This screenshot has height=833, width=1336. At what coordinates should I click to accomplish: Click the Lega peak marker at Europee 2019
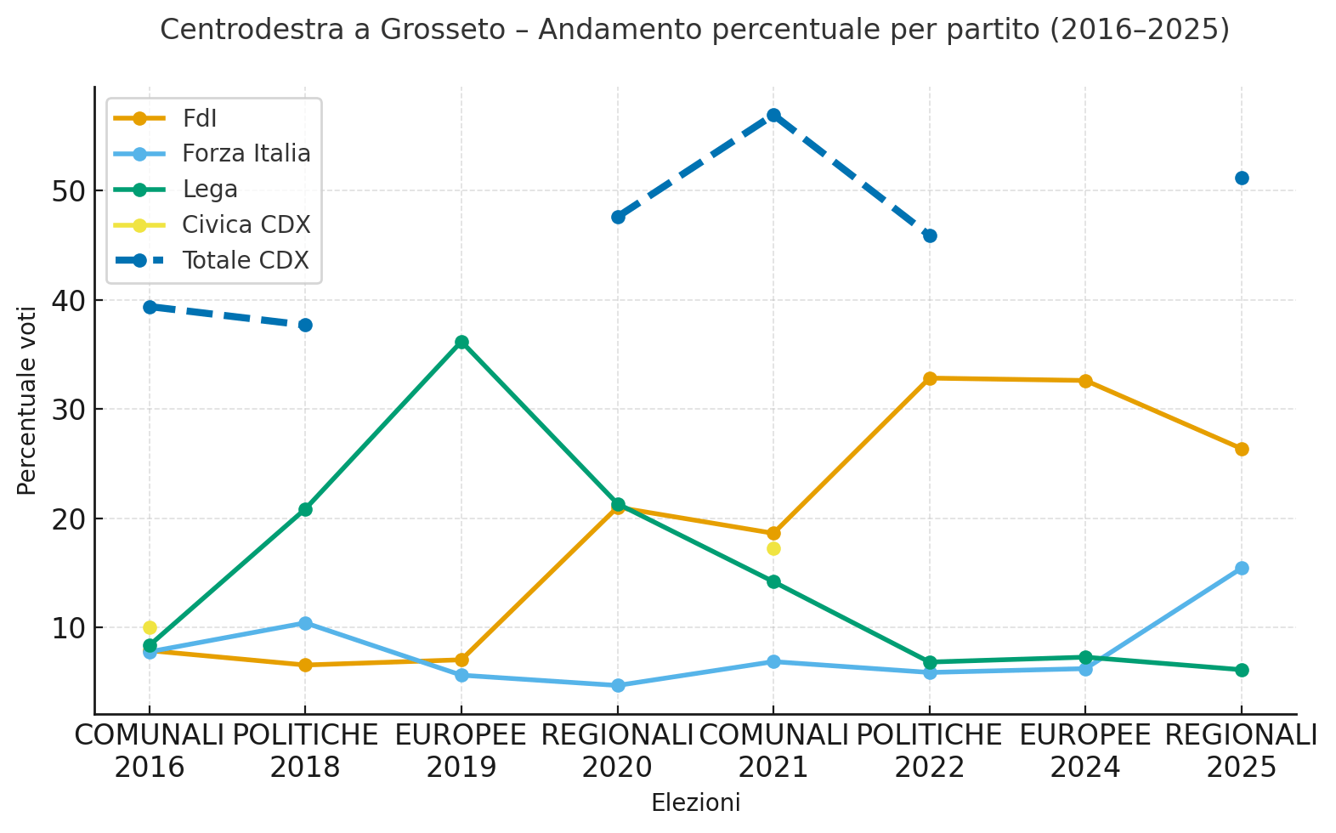pyautogui.click(x=461, y=342)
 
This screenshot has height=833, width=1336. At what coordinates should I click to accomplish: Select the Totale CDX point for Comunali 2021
pyautogui.click(x=773, y=115)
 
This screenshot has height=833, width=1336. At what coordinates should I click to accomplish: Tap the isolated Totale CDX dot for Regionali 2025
pyautogui.click(x=1242, y=178)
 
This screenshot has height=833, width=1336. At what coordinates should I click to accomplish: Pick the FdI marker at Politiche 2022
pyautogui.click(x=930, y=378)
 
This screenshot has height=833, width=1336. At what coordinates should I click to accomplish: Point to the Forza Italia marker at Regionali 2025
pyautogui.click(x=1242, y=568)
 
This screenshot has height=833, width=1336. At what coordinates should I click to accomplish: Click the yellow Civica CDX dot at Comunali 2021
pyautogui.click(x=773, y=548)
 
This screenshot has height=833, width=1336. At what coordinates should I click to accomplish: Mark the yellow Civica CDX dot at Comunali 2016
pyautogui.click(x=150, y=627)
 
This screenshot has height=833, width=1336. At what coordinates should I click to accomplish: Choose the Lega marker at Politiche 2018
pyautogui.click(x=305, y=509)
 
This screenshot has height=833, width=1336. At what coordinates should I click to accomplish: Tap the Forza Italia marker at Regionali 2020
pyautogui.click(x=618, y=685)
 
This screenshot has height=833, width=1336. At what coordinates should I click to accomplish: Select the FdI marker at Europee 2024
pyautogui.click(x=1085, y=381)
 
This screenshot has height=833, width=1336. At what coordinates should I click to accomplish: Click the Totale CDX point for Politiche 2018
pyautogui.click(x=305, y=325)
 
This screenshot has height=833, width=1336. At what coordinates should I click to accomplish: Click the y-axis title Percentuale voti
pyautogui.click(x=27, y=400)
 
